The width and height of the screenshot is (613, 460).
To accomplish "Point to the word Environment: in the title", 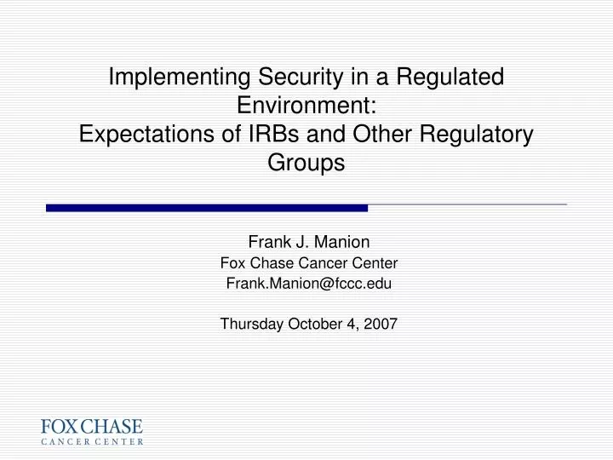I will coord(306,106).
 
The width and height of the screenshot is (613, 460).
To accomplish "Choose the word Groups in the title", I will coord(306,164).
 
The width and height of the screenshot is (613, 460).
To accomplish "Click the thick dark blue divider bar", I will coord(207,208).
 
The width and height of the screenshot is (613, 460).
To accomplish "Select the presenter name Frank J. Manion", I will coord(308,241).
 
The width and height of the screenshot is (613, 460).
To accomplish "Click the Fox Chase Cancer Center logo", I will coord(93,432).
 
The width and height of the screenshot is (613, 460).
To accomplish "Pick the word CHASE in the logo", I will coord(114,426).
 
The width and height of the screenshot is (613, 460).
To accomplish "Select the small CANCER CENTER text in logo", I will coord(93,442).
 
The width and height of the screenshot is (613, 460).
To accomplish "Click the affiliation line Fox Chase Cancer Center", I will coord(308,263).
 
